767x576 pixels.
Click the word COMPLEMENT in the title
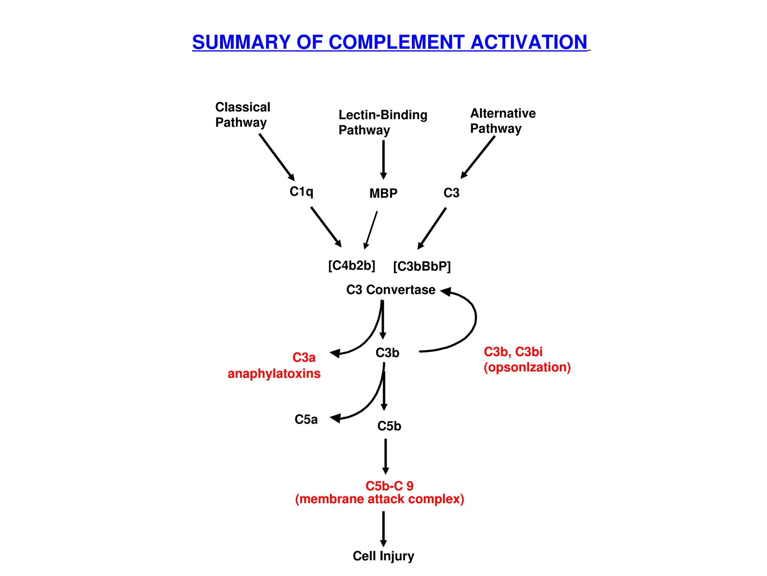(x=397, y=42)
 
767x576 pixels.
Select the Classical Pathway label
(x=242, y=115)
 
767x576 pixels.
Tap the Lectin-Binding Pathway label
(x=382, y=122)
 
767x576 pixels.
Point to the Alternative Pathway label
(x=503, y=121)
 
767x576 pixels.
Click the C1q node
(x=301, y=192)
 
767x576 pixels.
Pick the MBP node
(x=383, y=193)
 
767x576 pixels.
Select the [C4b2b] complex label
(x=351, y=265)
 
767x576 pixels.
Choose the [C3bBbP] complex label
(x=422, y=267)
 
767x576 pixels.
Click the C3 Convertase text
(x=391, y=290)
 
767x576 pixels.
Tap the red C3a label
(x=304, y=357)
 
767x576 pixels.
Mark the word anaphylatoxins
(x=274, y=373)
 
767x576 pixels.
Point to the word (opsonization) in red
(x=527, y=367)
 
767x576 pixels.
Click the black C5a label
(x=306, y=419)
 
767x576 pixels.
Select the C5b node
(x=389, y=426)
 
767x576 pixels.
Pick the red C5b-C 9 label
(x=389, y=486)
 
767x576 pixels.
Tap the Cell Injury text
(x=383, y=556)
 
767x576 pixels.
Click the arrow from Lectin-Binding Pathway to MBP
(x=383, y=159)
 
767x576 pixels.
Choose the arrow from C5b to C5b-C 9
(x=385, y=456)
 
